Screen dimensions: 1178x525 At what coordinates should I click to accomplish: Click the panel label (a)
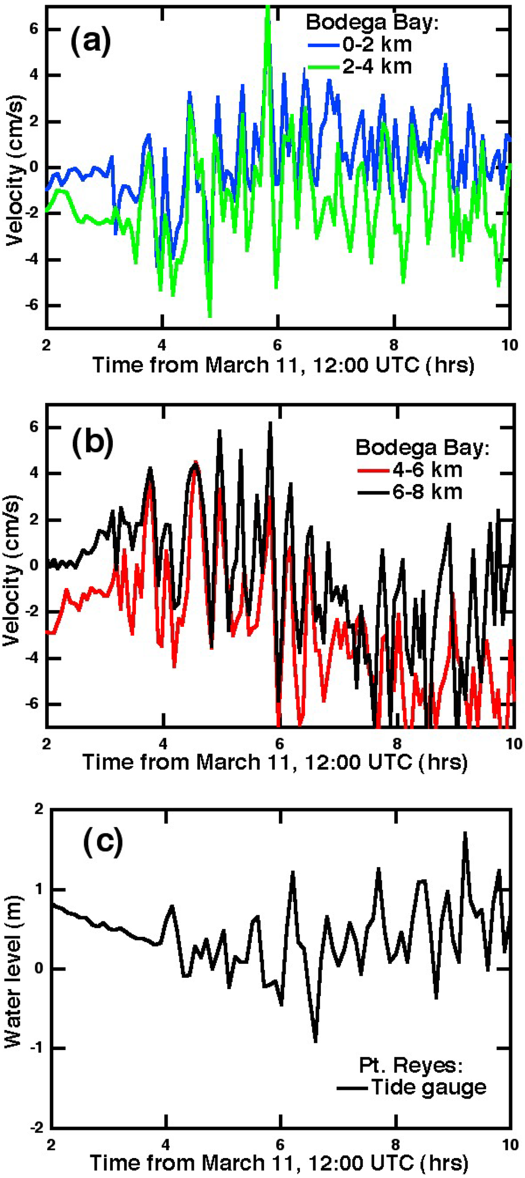click(x=91, y=42)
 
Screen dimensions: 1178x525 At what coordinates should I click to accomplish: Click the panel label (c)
click(x=103, y=842)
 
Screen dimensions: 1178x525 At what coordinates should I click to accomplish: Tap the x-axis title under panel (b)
click(x=275, y=762)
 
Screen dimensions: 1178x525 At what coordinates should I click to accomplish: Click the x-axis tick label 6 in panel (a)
click(x=277, y=344)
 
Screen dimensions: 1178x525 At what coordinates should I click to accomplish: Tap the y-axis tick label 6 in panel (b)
click(x=33, y=427)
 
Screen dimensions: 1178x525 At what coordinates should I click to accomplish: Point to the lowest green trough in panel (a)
click(x=210, y=316)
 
